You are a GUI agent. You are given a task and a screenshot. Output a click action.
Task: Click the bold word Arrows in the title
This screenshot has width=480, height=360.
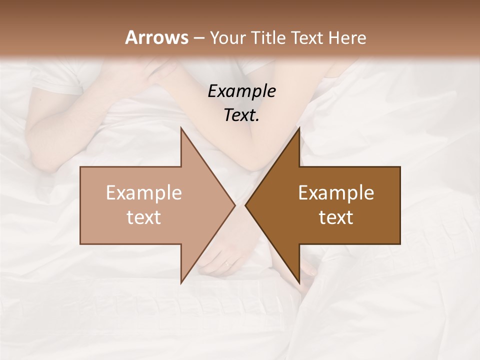pyautogui.click(x=156, y=37)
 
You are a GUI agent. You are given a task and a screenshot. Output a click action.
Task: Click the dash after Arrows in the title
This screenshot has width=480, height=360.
pyautogui.click(x=198, y=38)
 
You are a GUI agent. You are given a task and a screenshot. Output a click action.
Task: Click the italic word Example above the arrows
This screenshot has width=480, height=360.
pyautogui.click(x=242, y=91)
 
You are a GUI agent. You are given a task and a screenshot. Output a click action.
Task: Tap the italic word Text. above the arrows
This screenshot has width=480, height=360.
pyautogui.click(x=242, y=115)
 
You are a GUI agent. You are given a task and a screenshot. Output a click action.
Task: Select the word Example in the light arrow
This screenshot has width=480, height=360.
pyautogui.click(x=144, y=193)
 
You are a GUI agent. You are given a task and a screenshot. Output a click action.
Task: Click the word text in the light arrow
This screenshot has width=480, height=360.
pyautogui.click(x=144, y=217)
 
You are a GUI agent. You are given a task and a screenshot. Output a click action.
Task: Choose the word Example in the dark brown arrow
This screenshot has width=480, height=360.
pyautogui.click(x=336, y=193)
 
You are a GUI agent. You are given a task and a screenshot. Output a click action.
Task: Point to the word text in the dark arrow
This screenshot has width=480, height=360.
pyautogui.click(x=336, y=217)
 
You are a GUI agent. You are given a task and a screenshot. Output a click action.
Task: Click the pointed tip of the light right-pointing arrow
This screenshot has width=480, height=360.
pyautogui.click(x=234, y=205)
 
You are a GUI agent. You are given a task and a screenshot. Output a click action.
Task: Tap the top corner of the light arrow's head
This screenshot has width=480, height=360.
pyautogui.click(x=181, y=128)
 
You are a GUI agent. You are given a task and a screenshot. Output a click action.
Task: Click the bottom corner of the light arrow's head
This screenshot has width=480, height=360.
pyautogui.click(x=181, y=282)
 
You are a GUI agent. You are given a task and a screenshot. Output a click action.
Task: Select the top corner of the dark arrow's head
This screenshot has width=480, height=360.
pyautogui.click(x=299, y=128)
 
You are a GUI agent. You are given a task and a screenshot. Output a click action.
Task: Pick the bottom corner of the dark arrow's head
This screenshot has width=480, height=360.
pyautogui.click(x=299, y=282)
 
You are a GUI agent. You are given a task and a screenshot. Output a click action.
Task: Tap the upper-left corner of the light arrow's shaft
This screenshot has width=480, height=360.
pyautogui.click(x=81, y=167)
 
